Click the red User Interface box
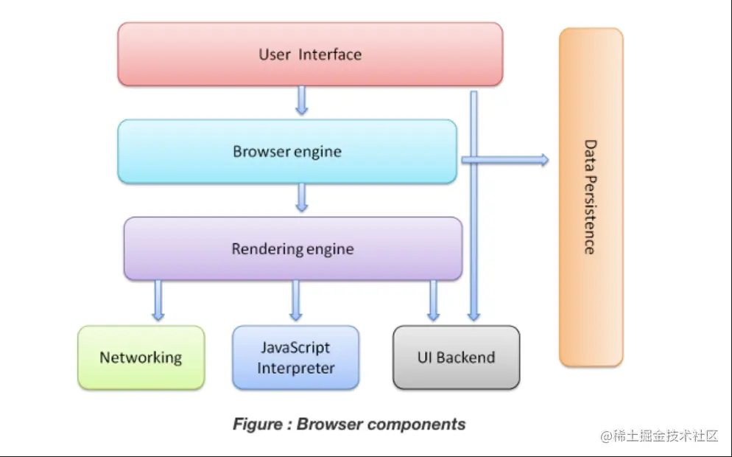(310, 54)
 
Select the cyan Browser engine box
(287, 151)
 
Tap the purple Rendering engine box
(292, 248)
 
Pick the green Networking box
(141, 357)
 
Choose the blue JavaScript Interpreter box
(295, 357)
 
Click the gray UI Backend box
(456, 357)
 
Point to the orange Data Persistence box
(591, 197)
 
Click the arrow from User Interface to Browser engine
(301, 100)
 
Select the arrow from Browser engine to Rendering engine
(301, 198)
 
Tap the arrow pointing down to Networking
(158, 300)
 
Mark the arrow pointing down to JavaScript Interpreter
(296, 300)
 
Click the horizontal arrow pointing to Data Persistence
(508, 159)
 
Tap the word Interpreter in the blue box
(295, 368)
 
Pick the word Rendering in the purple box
(262, 249)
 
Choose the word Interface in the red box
(330, 55)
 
